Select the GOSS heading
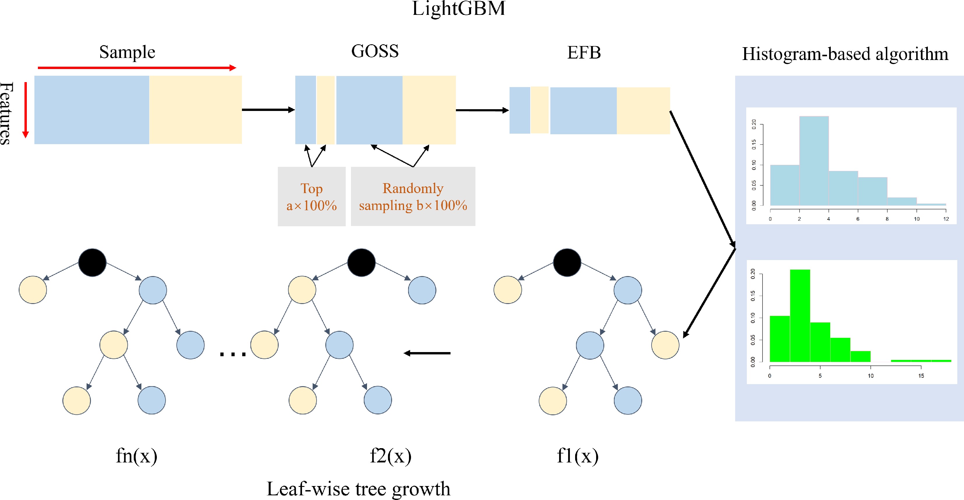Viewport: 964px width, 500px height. coord(375,51)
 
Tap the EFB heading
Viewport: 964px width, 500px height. coord(584,53)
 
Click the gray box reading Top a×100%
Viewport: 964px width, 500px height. coord(311,197)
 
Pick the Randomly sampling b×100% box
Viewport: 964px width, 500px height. coord(413,197)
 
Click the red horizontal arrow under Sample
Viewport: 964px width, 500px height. coord(137,68)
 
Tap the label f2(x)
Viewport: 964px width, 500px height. coord(390,456)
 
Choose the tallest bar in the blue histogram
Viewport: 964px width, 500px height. coord(814,161)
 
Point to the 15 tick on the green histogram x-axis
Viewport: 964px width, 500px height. coord(921,375)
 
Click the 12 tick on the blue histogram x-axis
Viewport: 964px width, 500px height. coord(946,219)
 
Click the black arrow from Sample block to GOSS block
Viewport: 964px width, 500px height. coord(268,109)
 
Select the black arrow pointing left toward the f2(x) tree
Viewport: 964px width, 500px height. coord(427,353)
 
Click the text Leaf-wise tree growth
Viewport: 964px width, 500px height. coord(358,489)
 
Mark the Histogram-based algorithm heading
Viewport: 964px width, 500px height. coord(845,54)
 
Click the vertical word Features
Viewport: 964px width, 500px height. coord(7,113)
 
